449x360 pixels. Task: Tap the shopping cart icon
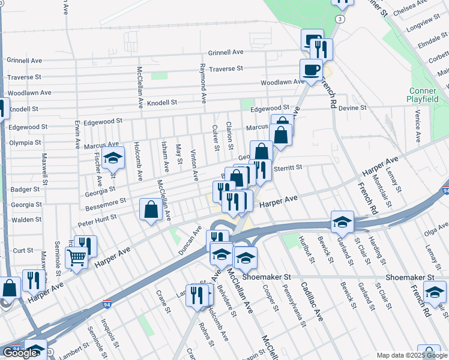point(76,258)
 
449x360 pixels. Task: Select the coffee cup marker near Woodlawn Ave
point(311,70)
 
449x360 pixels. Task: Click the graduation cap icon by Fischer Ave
point(112,158)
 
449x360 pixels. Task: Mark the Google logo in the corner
point(20,353)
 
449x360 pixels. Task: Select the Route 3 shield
point(340,19)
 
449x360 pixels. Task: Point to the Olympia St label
point(25,143)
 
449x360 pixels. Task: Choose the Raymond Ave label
point(203,83)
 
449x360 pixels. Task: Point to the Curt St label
point(23,250)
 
